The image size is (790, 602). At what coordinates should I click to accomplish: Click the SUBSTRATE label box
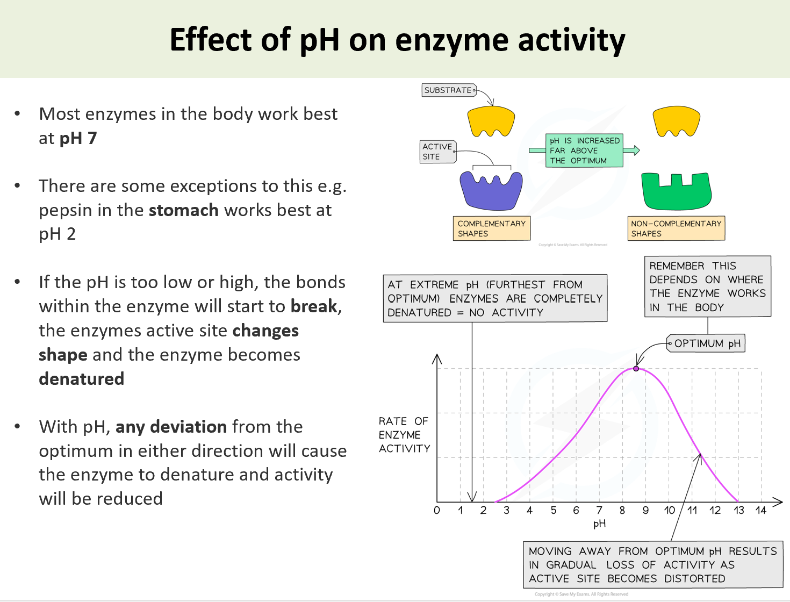[448, 90]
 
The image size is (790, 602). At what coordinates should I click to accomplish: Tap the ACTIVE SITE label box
[437, 152]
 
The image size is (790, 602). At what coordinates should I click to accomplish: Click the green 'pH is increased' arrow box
[584, 150]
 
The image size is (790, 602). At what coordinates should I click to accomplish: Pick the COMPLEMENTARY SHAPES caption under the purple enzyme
[491, 228]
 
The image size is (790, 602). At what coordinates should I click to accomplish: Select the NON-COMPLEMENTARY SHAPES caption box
[676, 228]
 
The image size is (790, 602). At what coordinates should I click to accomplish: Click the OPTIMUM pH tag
[706, 343]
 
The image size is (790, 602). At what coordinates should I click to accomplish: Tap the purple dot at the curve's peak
[636, 369]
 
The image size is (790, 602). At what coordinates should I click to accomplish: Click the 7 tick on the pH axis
[599, 510]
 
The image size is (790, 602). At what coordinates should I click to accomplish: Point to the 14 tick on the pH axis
[760, 510]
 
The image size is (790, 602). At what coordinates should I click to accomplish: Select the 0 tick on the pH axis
[437, 510]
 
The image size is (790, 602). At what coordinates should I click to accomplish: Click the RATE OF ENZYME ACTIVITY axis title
[404, 435]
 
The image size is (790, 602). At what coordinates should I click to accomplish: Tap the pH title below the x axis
[599, 524]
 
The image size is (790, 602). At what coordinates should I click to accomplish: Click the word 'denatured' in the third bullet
[82, 379]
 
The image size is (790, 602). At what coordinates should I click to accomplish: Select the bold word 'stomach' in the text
[183, 210]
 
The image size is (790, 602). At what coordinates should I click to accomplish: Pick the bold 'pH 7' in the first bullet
[78, 138]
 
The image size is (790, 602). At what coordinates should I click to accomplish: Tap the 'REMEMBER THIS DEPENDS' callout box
[707, 286]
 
